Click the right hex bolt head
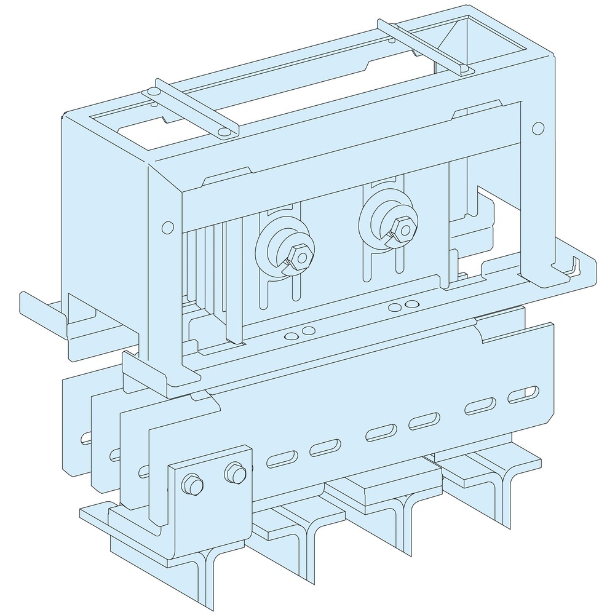403,229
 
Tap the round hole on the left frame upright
165,228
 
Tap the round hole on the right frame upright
538,128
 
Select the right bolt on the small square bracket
234,473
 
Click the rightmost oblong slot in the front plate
523,394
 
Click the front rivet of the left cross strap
223,132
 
